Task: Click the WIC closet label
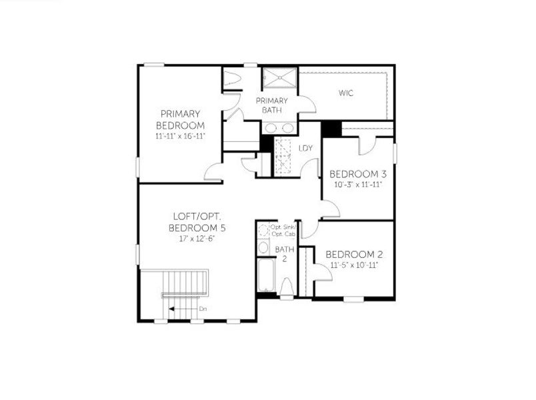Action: [x=345, y=93]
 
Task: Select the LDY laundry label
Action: [x=306, y=148]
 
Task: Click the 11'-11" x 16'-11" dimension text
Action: [x=180, y=136]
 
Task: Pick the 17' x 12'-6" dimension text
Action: [x=199, y=239]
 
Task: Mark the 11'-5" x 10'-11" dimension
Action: [x=354, y=265]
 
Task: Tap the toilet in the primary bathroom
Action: [x=231, y=79]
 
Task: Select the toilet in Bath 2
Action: [x=287, y=287]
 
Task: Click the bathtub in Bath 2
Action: [x=267, y=275]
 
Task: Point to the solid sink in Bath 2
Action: [x=263, y=248]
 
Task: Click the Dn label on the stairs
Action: [x=203, y=309]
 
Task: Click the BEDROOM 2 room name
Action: [x=353, y=255]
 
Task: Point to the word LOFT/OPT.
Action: [x=199, y=217]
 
